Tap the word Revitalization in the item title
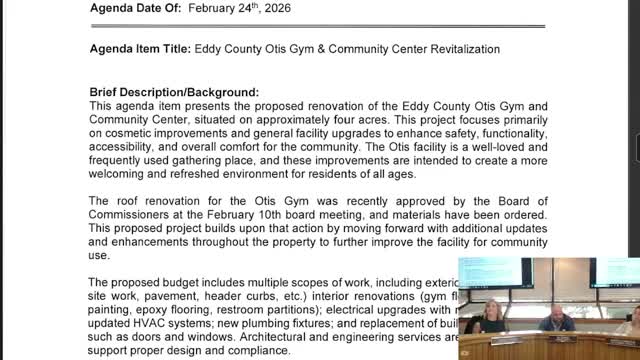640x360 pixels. click(452, 48)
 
